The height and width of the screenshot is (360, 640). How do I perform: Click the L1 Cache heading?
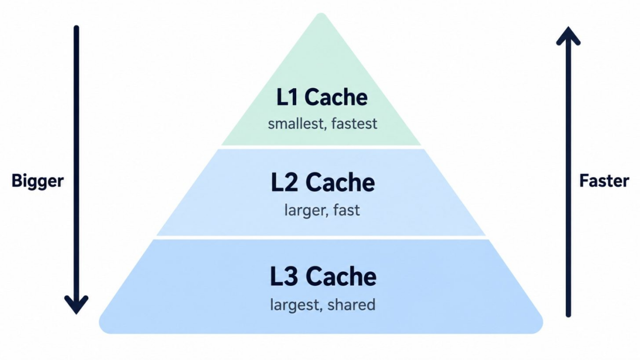[x=322, y=97]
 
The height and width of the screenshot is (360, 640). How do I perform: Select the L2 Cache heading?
[x=323, y=182]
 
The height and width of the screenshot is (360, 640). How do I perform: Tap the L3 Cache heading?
[x=323, y=276]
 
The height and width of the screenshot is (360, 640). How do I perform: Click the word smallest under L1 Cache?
[x=296, y=124]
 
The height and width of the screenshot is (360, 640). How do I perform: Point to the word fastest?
[x=354, y=124]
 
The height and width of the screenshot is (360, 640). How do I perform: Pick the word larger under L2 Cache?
[x=305, y=211]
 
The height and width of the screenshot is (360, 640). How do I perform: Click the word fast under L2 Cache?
[x=346, y=210]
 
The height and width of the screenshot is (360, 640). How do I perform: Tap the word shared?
[x=351, y=304]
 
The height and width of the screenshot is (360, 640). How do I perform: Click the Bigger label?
[x=37, y=181]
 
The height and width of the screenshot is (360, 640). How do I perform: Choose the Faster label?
[x=604, y=181]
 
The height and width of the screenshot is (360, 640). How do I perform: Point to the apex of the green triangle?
[x=321, y=14]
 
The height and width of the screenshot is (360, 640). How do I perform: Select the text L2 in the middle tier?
[x=285, y=182]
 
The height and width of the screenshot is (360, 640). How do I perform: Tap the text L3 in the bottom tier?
[x=284, y=276]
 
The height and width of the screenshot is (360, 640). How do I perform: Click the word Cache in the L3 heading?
[x=341, y=276]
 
